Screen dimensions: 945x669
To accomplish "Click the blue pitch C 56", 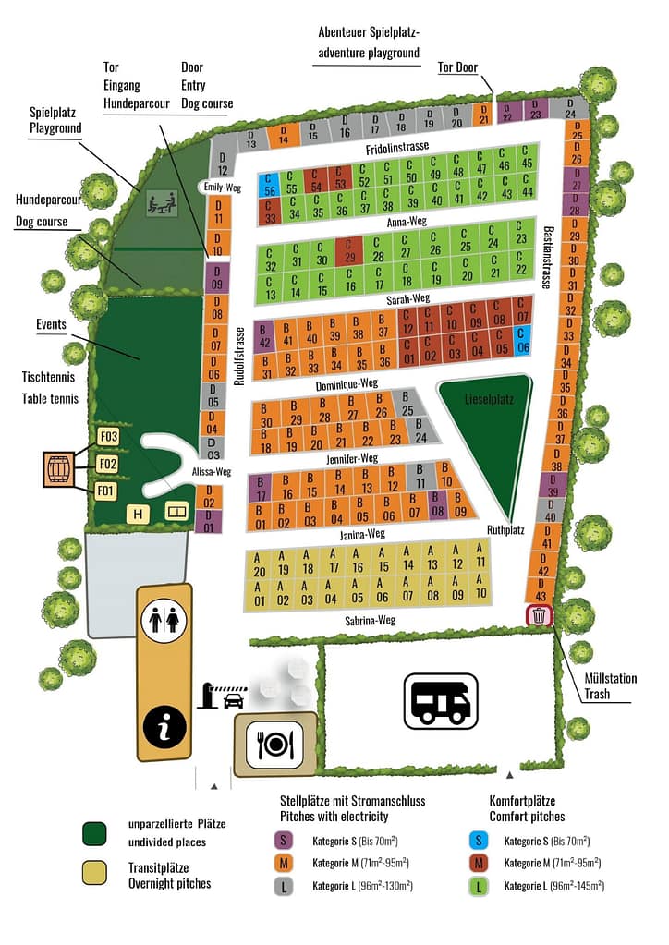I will click(270, 184).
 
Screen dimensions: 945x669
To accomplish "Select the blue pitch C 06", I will click(523, 342).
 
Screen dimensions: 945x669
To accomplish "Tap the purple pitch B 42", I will click(264, 336).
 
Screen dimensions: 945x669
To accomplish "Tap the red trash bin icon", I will click(540, 615).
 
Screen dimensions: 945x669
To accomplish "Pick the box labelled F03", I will click(109, 437).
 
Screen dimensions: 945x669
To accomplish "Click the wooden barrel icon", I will click(59, 469).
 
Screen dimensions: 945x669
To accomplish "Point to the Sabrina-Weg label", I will click(370, 621).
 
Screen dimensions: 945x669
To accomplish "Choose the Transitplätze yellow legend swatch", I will click(93, 871).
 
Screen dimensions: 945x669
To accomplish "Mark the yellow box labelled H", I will click(139, 514).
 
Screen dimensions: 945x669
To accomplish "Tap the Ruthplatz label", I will click(505, 529).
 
